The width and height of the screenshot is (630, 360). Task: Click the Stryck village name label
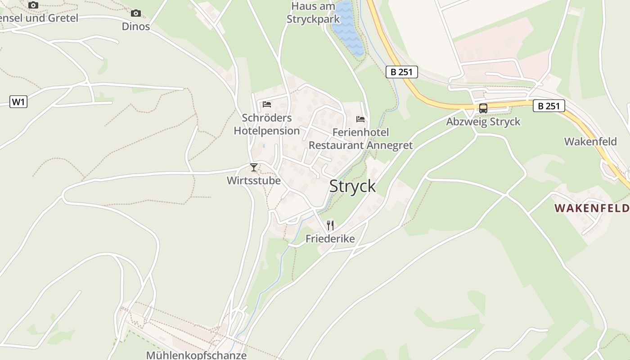[x=352, y=186]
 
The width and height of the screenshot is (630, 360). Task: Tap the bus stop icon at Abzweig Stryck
[x=483, y=108]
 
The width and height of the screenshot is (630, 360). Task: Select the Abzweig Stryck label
[x=483, y=121]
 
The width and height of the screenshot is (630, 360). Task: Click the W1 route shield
[x=18, y=102]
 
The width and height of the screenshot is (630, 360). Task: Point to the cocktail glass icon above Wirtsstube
[x=254, y=167]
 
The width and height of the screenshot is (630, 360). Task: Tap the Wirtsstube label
[x=254, y=180]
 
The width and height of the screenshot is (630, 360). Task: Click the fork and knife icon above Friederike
[x=330, y=225]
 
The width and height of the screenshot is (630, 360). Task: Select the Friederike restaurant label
[x=330, y=238]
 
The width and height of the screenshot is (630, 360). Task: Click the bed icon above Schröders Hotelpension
[x=267, y=104]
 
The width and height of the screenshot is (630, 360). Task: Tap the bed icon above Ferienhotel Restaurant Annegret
[x=360, y=119]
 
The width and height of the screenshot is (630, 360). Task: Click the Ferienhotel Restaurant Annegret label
[x=360, y=139]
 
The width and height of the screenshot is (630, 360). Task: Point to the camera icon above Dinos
[x=136, y=13]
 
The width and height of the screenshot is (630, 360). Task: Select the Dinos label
[x=136, y=26]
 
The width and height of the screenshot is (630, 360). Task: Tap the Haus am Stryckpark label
[x=314, y=13]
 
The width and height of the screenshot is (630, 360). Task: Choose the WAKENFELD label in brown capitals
[x=591, y=208]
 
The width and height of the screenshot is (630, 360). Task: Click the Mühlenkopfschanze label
[x=196, y=355]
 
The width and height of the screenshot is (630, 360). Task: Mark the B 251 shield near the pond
[x=402, y=72]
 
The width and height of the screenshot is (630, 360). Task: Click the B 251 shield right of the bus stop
[x=549, y=106]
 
